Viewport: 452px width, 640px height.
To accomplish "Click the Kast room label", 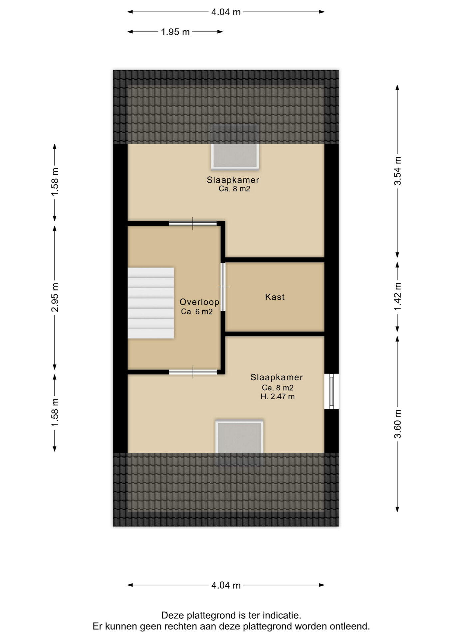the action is pyautogui.click(x=275, y=297).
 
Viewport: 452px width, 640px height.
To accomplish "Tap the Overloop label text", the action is pyautogui.click(x=199, y=302).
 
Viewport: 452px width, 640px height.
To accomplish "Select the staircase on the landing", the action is pyautogui.click(x=151, y=303).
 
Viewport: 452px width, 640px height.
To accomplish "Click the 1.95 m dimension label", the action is pyautogui.click(x=175, y=32).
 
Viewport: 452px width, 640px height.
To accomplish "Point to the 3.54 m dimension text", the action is pyautogui.click(x=397, y=171).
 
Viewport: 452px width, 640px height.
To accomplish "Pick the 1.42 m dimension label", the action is pyautogui.click(x=397, y=296).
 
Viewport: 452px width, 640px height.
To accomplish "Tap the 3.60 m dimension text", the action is pyautogui.click(x=397, y=424).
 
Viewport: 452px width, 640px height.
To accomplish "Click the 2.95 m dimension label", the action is pyautogui.click(x=55, y=297).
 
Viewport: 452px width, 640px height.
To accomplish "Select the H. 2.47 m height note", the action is pyautogui.click(x=278, y=397).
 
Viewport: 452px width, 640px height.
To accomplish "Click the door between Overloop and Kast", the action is pyautogui.click(x=223, y=287).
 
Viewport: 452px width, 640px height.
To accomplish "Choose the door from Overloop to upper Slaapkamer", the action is pyautogui.click(x=193, y=223).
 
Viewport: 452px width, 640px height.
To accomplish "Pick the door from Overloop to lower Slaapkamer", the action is pyautogui.click(x=193, y=372).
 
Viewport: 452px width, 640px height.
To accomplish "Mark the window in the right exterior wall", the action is pyautogui.click(x=332, y=391).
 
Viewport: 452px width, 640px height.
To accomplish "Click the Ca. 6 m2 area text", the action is pyautogui.click(x=197, y=312).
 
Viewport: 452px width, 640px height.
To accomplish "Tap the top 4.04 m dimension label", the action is pyautogui.click(x=226, y=12).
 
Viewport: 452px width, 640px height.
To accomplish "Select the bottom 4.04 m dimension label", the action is pyautogui.click(x=226, y=585).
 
